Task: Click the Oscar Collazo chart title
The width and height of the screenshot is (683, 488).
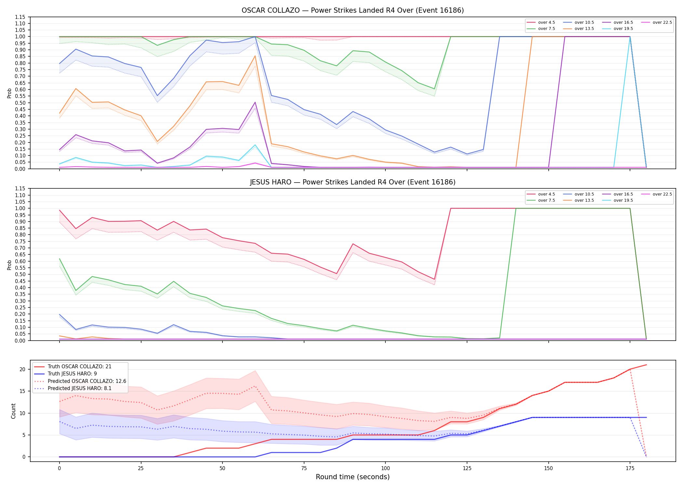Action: pyautogui.click(x=353, y=10)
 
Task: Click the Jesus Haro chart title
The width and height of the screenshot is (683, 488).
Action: pyautogui.click(x=353, y=182)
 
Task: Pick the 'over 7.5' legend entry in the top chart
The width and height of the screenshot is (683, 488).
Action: pyautogui.click(x=541, y=29)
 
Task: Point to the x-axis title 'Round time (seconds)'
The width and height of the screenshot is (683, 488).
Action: pyautogui.click(x=353, y=477)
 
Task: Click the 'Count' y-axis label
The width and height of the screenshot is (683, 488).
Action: pyautogui.click(x=13, y=411)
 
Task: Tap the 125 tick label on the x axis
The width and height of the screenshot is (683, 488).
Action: pyautogui.click(x=467, y=468)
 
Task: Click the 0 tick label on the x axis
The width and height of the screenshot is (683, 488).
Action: pyautogui.click(x=59, y=468)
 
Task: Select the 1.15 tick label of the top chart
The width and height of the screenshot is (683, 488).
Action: pyautogui.click(x=20, y=17)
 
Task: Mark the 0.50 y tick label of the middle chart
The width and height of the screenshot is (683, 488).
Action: pyautogui.click(x=20, y=274)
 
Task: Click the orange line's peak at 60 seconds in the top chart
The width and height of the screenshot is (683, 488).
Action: pyautogui.click(x=255, y=56)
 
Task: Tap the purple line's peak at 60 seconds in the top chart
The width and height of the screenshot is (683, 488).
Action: pyautogui.click(x=255, y=102)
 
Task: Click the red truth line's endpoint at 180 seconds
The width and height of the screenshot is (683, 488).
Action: pyautogui.click(x=646, y=365)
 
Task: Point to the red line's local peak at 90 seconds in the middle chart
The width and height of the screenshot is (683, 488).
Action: pyautogui.click(x=353, y=244)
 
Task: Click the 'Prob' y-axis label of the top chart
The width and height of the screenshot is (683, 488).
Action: pyautogui.click(x=9, y=93)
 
